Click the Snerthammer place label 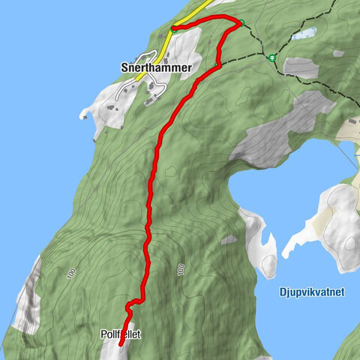(156, 67)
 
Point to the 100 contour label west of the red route (70, 274)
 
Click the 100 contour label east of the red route (180, 269)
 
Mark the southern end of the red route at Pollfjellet (121, 344)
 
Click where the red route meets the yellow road (173, 28)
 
